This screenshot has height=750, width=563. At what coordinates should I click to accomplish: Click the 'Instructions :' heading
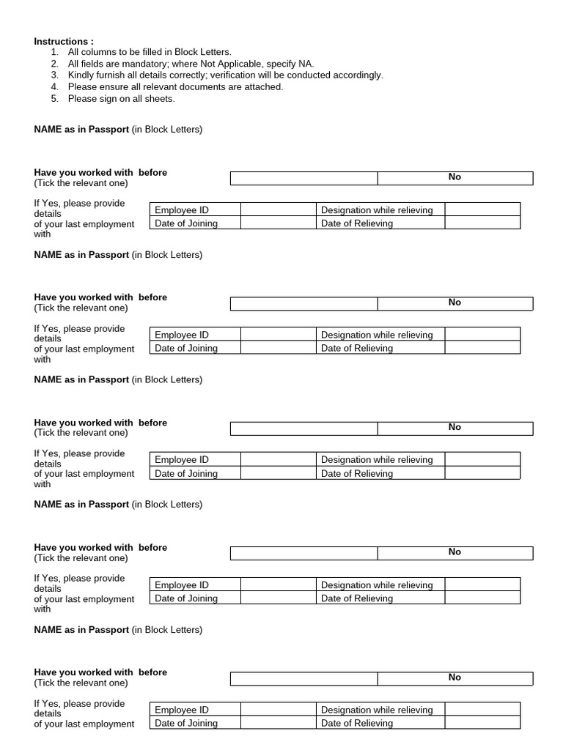coord(64,42)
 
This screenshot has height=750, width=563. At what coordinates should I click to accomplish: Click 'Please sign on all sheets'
coord(121,98)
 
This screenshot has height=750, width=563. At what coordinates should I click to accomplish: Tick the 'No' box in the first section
coord(455,178)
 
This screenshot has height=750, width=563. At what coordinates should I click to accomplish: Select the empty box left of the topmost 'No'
coord(303,178)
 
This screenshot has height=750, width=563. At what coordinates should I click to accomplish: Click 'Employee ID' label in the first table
coord(182,210)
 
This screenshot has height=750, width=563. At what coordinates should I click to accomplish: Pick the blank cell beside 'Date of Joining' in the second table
coord(278,349)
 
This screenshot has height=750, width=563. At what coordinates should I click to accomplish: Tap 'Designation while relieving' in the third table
coord(377,460)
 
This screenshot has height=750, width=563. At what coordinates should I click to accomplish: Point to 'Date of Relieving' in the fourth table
coord(356,598)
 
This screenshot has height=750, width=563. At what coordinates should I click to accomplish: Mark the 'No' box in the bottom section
coord(455,678)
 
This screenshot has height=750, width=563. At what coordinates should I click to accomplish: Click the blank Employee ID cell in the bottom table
coord(278,710)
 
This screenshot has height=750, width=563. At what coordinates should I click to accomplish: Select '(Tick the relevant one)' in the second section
coord(81,308)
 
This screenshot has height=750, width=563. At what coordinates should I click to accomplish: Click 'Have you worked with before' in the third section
coord(100,423)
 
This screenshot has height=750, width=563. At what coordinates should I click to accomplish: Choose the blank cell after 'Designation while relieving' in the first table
coord(482,210)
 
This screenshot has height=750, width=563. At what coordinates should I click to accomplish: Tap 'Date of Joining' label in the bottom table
coord(186,723)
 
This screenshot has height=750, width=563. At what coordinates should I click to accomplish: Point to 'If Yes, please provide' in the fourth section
coord(79,578)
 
